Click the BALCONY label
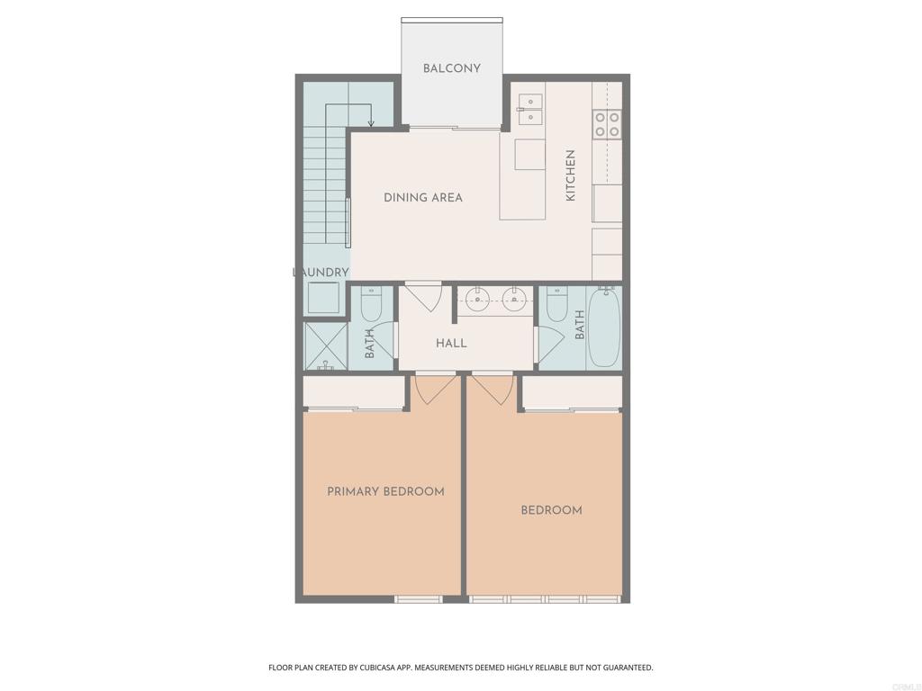pos(452,68)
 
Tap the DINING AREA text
pos(423,197)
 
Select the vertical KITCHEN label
pos(570,175)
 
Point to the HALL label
pos(452,343)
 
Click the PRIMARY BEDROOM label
pos(385,491)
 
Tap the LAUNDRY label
pos(321,273)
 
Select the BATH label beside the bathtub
pos(580,325)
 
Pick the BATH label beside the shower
pos(369,343)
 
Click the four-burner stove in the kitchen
pos(607,124)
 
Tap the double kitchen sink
pos(530,110)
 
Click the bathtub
pos(604,327)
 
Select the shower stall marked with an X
pos(326,346)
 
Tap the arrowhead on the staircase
pos(371,122)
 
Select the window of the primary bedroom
pos(418,599)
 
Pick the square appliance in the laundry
pos(324,298)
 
